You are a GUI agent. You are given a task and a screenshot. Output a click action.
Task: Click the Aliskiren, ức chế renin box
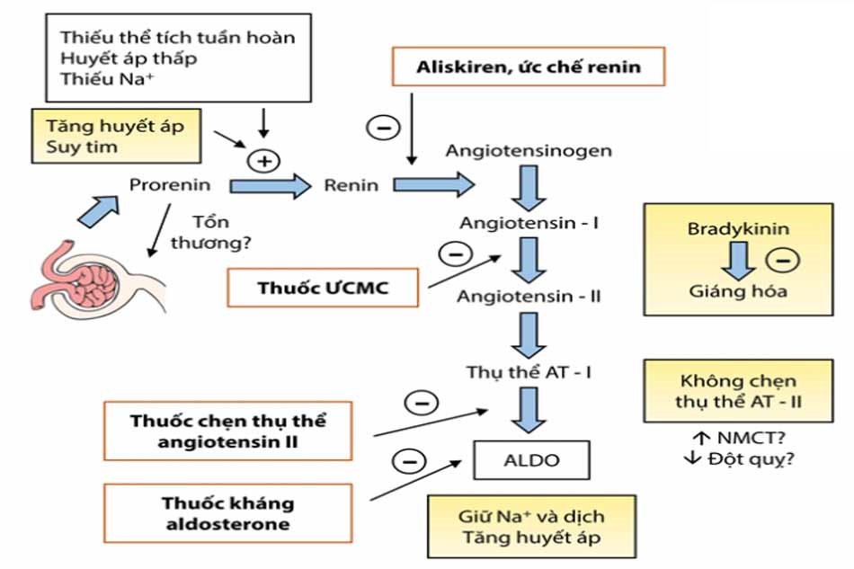(529, 67)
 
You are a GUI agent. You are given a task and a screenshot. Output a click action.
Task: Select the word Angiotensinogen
(529, 150)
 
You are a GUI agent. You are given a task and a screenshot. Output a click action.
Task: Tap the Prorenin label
(170, 186)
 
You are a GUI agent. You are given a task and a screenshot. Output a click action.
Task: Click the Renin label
(351, 186)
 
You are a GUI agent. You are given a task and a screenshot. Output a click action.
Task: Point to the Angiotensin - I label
(529, 222)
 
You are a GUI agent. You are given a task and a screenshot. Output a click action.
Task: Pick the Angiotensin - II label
(529, 295)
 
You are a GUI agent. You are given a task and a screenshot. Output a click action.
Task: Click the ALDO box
(532, 460)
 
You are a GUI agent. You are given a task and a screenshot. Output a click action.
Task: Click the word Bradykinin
(738, 229)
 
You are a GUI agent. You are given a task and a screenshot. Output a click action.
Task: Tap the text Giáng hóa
(738, 291)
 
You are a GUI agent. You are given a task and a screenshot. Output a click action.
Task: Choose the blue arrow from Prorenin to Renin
(268, 186)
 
